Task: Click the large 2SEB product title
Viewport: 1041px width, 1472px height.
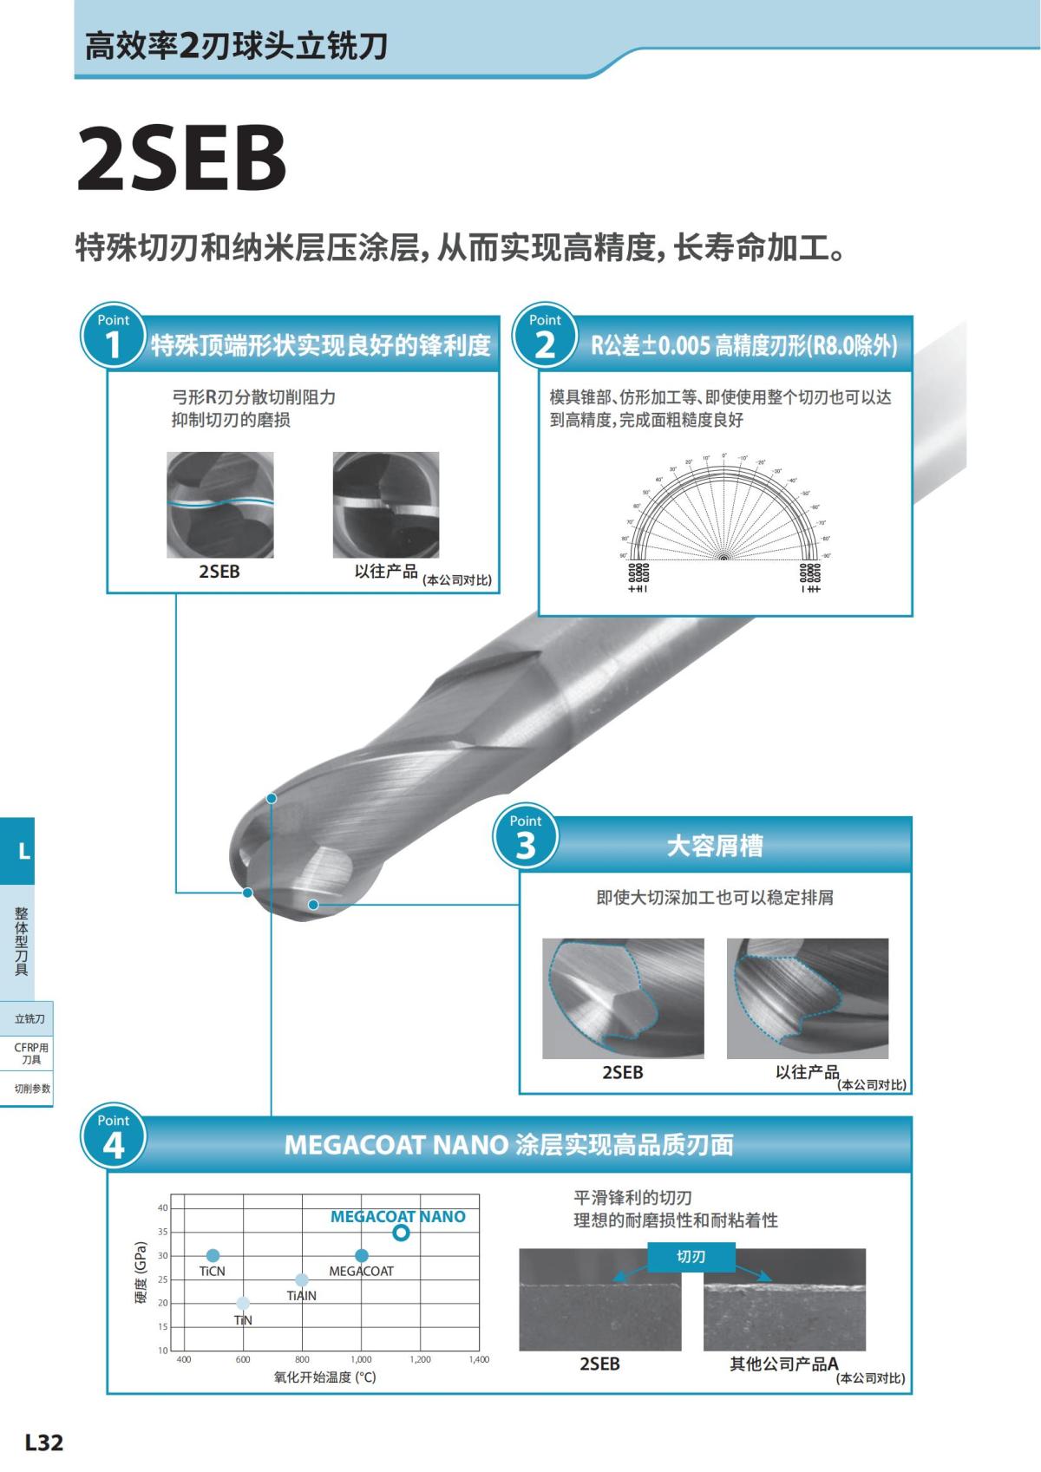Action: (x=181, y=159)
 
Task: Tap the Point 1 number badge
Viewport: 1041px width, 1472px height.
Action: (x=113, y=337)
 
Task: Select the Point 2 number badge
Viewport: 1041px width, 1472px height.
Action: (x=544, y=337)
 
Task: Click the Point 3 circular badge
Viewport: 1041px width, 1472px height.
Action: (x=525, y=838)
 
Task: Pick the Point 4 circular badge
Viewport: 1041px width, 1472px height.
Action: (x=113, y=1137)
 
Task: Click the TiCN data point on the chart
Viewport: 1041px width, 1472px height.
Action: (x=213, y=1255)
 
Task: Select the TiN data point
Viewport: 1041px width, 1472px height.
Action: (x=243, y=1303)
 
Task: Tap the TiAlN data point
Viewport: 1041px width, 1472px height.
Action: (x=302, y=1279)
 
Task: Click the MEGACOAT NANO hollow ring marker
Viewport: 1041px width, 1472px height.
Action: (x=400, y=1233)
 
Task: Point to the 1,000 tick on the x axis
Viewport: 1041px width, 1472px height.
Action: (x=361, y=1359)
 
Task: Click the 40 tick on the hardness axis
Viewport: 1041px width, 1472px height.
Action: (x=162, y=1207)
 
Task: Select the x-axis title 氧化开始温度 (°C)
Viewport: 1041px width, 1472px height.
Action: (x=325, y=1377)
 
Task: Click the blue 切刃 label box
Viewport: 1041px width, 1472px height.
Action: (x=691, y=1256)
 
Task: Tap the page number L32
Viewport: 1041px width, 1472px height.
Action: (x=44, y=1443)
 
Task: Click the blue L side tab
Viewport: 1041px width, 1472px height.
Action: (x=17, y=851)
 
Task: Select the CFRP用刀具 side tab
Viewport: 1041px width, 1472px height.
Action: (x=31, y=1053)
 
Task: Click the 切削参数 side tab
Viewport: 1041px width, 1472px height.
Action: (x=31, y=1089)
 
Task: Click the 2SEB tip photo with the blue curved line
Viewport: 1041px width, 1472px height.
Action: (x=220, y=505)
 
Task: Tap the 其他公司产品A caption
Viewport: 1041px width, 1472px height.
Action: (x=783, y=1364)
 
